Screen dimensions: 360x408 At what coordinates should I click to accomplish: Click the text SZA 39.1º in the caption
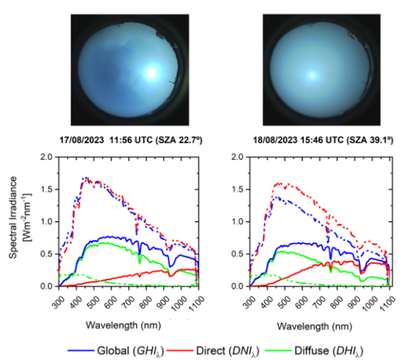pyautogui.click(x=362, y=140)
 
